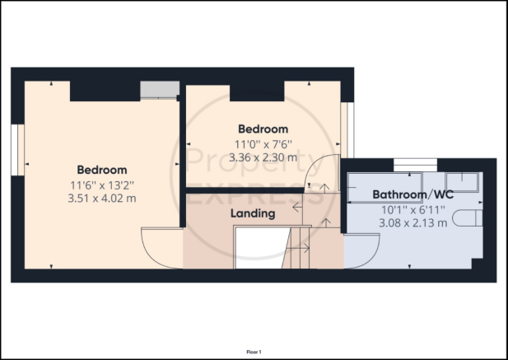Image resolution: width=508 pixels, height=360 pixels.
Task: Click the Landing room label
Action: [x=253, y=213]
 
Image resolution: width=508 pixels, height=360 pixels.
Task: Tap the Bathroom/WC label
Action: [x=412, y=194]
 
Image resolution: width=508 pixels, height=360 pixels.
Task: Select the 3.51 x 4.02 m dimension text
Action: [x=102, y=198]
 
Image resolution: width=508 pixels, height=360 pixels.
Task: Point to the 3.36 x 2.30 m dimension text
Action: [x=263, y=157]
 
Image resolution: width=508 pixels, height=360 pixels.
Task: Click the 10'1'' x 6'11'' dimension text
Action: [x=413, y=210]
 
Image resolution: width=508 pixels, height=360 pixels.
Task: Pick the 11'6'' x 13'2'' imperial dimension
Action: [x=102, y=185]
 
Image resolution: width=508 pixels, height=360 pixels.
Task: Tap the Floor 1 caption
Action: [x=254, y=352]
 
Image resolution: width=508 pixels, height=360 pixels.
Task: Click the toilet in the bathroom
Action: [x=467, y=217]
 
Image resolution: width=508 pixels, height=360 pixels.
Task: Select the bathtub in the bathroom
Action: [x=384, y=188]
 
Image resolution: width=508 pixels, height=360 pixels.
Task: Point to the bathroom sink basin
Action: [x=462, y=182]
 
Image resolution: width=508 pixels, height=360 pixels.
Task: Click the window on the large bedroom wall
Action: [x=17, y=150]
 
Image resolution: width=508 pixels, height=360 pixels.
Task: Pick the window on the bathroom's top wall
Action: [x=415, y=165]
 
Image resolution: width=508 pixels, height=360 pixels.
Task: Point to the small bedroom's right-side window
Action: [x=347, y=130]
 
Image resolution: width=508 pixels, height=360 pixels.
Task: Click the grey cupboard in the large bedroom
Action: [x=160, y=90]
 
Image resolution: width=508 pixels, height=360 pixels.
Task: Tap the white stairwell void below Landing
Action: [x=261, y=248]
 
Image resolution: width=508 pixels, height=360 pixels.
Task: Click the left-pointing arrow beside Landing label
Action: [x=297, y=207]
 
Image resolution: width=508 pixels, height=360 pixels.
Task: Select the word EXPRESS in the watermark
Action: [x=252, y=195]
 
